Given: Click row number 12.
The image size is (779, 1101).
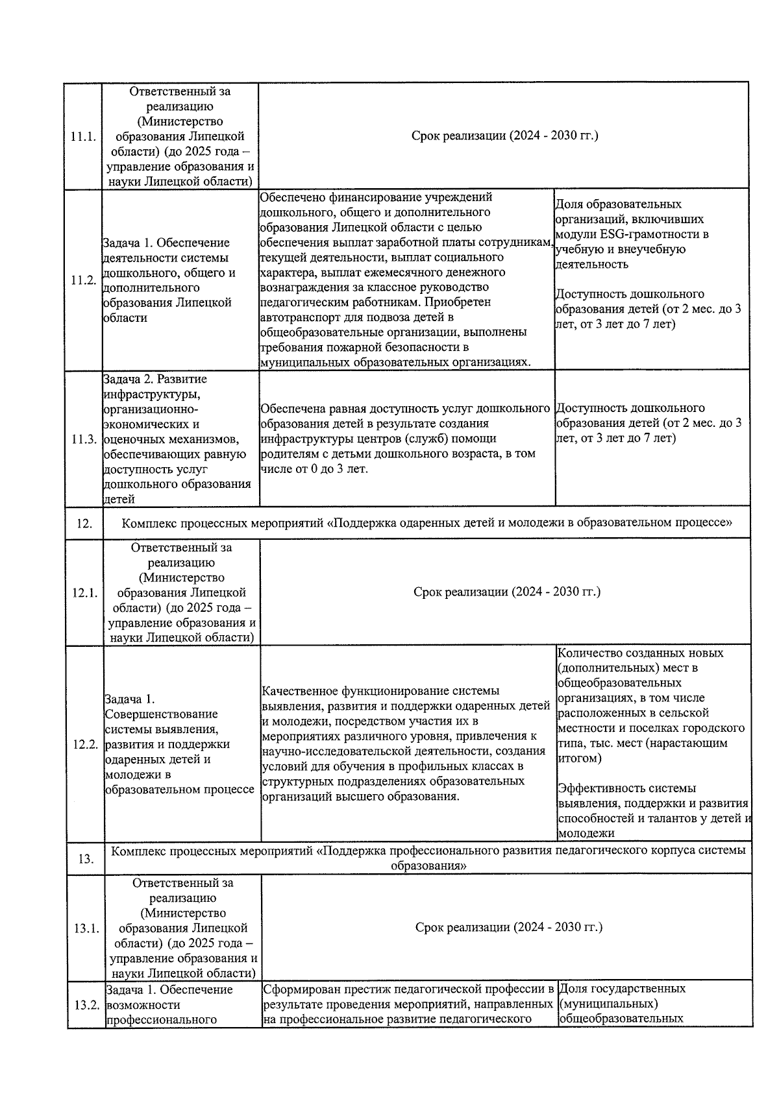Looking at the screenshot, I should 84,524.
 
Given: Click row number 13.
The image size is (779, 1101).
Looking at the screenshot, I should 86,859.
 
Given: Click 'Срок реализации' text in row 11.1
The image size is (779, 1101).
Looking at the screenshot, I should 504,136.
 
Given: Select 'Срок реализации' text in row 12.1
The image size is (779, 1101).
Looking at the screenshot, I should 506,592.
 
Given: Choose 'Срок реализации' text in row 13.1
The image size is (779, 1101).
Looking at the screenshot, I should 508,927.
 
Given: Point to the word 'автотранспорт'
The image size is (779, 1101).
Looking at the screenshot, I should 300,317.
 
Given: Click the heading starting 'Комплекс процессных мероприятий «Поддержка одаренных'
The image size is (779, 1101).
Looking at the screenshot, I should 427,522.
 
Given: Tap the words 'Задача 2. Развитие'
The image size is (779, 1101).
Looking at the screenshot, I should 155,379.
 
